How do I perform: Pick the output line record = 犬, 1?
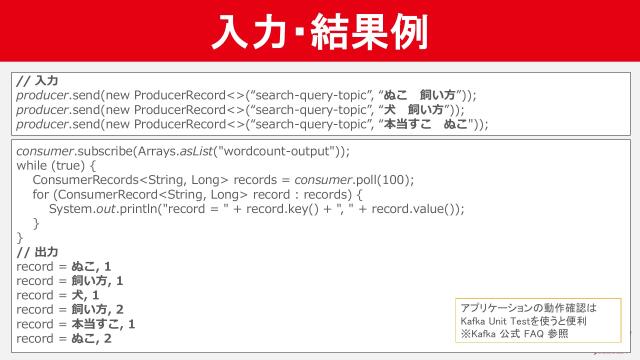[x=58, y=296]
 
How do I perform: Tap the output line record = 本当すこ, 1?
[x=76, y=324]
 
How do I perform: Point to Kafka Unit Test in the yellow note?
[x=494, y=322]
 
